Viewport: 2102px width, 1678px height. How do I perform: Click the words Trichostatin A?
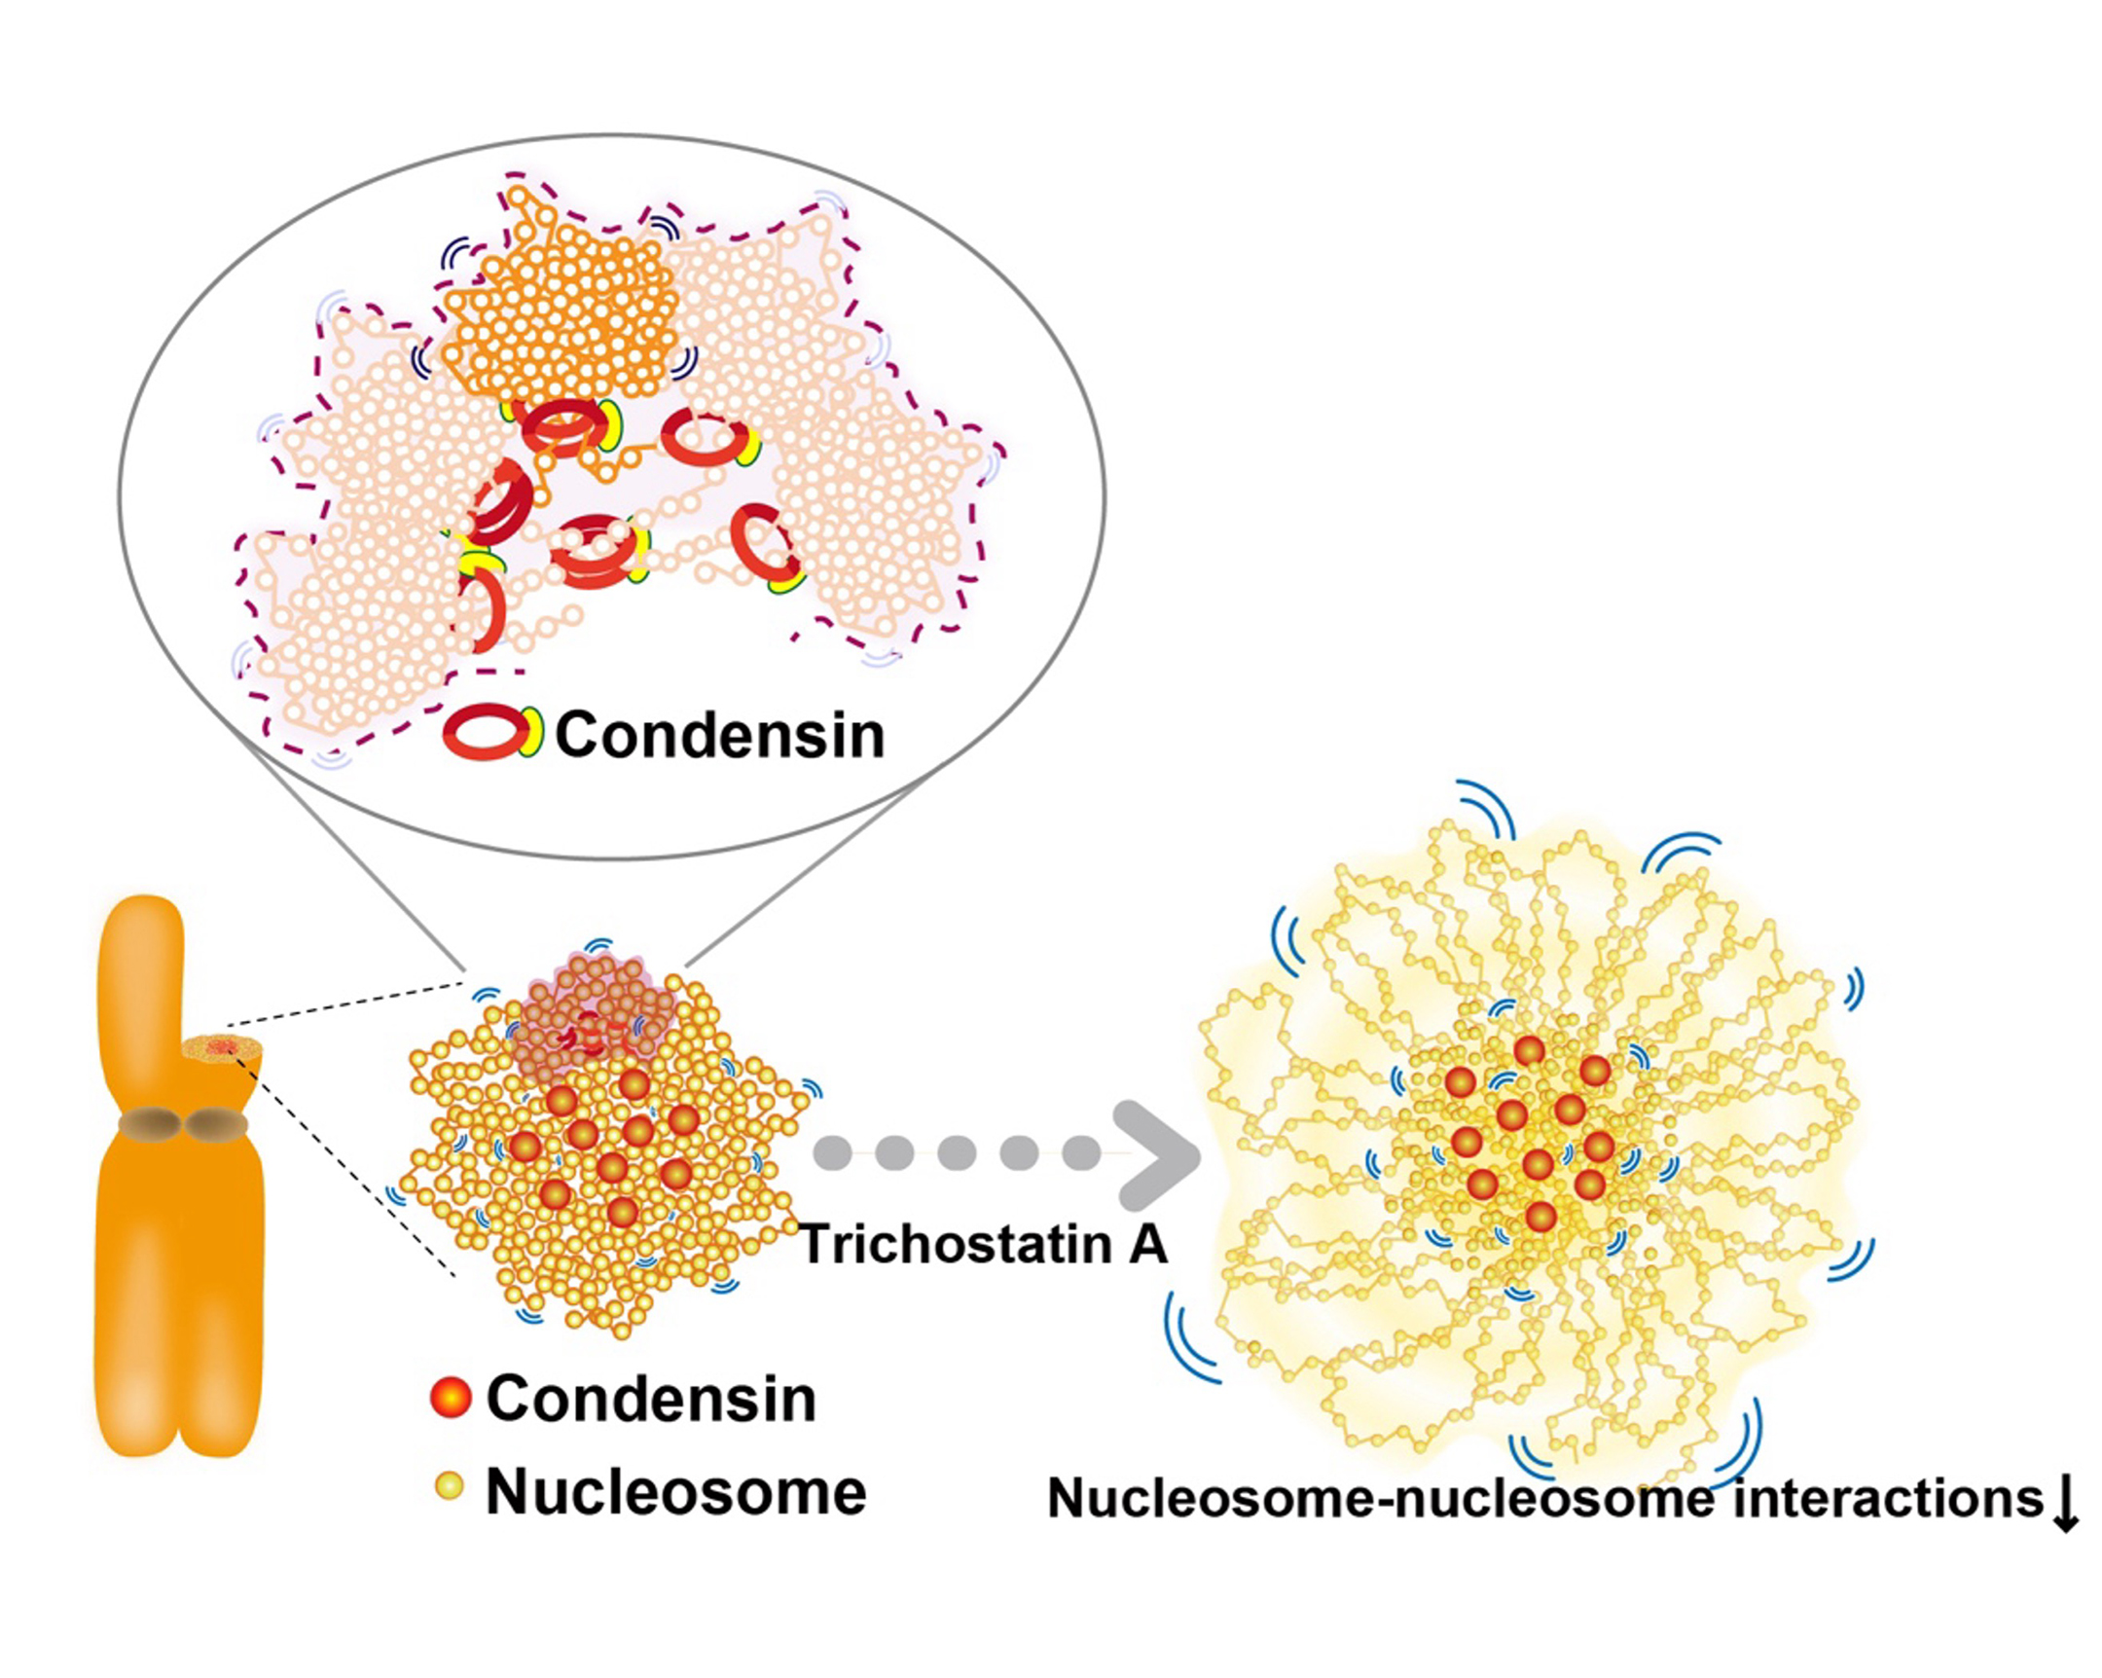click(x=983, y=1245)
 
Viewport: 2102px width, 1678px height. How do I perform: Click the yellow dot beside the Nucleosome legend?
click(x=450, y=1486)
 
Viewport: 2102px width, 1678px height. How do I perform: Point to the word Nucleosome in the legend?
click(x=675, y=1492)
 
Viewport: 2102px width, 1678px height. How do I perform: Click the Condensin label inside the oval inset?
click(x=719, y=734)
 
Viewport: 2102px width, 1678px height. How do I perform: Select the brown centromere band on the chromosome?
click(x=183, y=1125)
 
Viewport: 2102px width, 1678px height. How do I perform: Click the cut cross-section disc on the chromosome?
click(x=222, y=1047)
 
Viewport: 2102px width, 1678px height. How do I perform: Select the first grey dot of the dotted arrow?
click(x=833, y=1152)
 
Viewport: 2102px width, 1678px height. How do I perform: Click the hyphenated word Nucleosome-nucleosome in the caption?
click(x=1380, y=1498)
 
